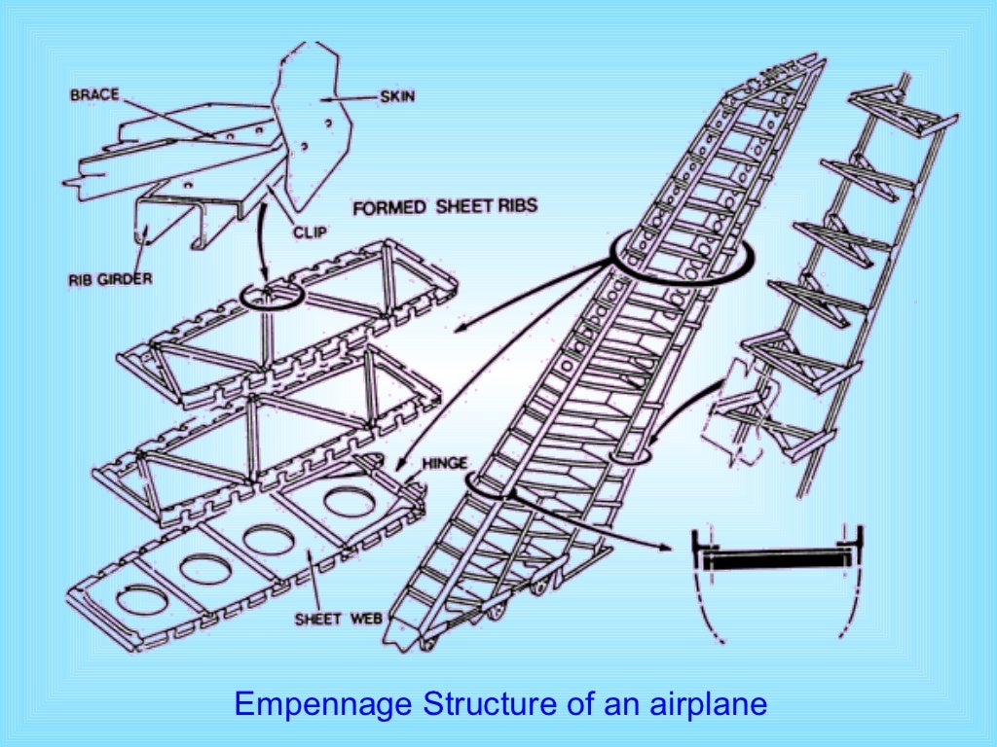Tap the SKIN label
395,96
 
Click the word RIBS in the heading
513,206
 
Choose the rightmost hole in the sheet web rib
349,503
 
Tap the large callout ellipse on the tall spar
683,256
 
